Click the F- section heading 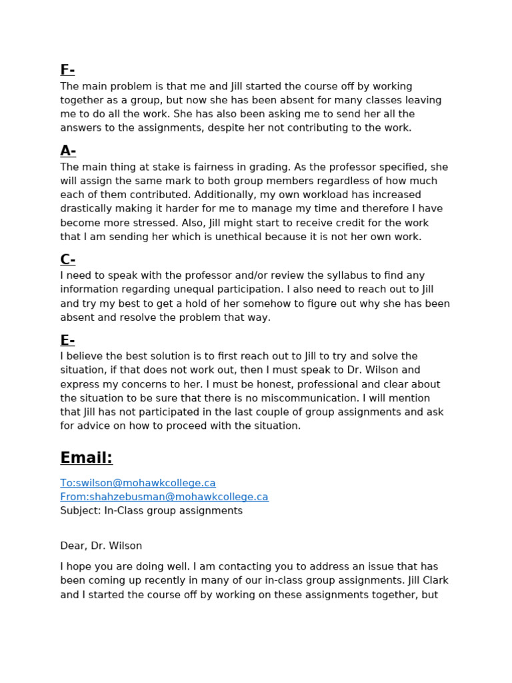click(67, 70)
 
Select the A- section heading click(68, 151)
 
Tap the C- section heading click(68, 259)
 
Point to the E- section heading click(67, 340)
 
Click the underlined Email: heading click(87, 458)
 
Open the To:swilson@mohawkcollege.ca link click(138, 483)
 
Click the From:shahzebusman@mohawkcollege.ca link click(164, 497)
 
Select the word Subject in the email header click(79, 511)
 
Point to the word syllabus click(306, 275)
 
